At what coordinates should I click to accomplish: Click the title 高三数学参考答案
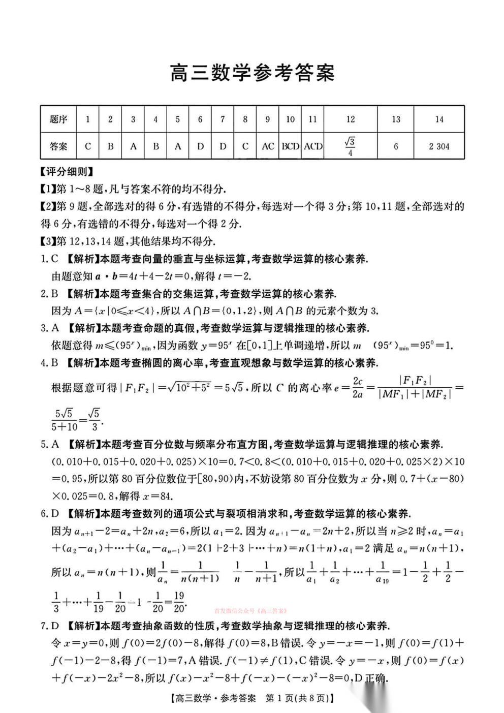(252, 73)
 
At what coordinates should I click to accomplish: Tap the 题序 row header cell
(58, 119)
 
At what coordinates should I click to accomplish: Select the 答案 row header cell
(58, 146)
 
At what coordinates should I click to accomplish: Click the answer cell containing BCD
(290, 146)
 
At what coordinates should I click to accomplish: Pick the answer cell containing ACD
(313, 146)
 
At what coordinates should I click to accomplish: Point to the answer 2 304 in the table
(439, 146)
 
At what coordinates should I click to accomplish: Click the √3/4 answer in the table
(350, 146)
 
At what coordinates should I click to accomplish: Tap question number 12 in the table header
(350, 119)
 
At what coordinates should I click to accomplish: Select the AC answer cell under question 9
(268, 146)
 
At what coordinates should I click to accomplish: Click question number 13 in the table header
(396, 119)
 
